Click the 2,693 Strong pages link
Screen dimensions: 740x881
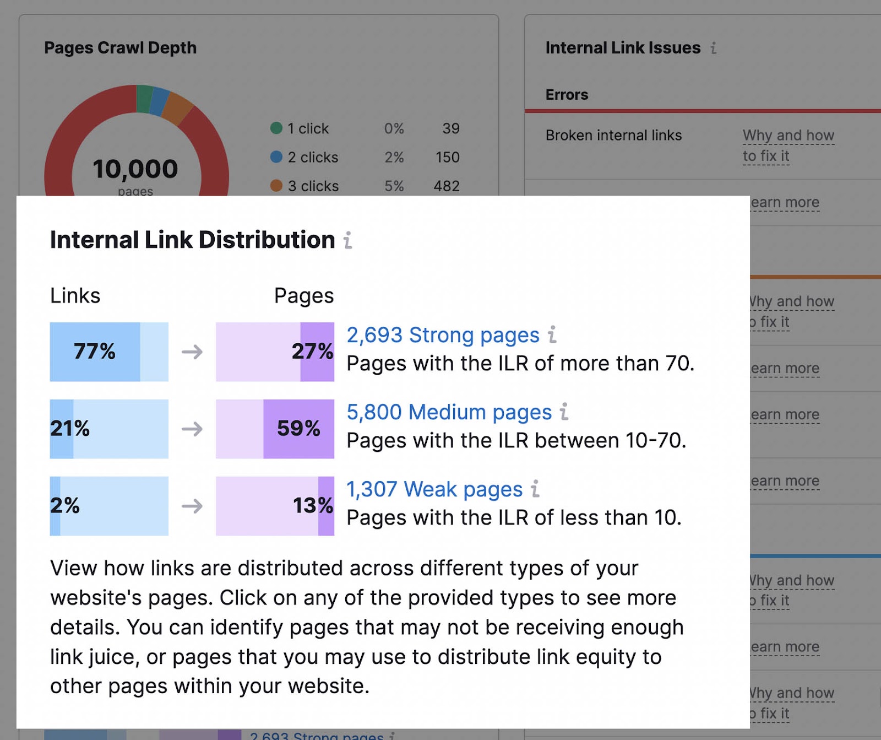443,335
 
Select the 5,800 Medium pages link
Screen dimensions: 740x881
449,412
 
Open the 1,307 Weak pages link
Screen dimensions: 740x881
434,489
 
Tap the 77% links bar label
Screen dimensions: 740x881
95,352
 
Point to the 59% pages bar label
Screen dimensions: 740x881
298,429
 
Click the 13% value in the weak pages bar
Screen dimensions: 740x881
312,506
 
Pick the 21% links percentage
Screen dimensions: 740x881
70,429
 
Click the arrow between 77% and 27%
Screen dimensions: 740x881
192,352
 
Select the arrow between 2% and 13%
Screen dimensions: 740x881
192,506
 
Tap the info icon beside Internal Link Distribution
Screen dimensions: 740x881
348,240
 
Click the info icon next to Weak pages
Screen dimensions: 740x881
535,489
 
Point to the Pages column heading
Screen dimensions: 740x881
304,296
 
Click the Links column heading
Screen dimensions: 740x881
75,296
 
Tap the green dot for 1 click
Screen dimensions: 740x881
276,128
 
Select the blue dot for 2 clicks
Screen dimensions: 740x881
276,157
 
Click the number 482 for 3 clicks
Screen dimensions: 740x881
446,186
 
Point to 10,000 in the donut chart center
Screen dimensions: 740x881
135,169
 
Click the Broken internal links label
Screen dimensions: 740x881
613,136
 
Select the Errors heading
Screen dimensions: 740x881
567,95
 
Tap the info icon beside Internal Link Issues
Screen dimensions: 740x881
714,48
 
